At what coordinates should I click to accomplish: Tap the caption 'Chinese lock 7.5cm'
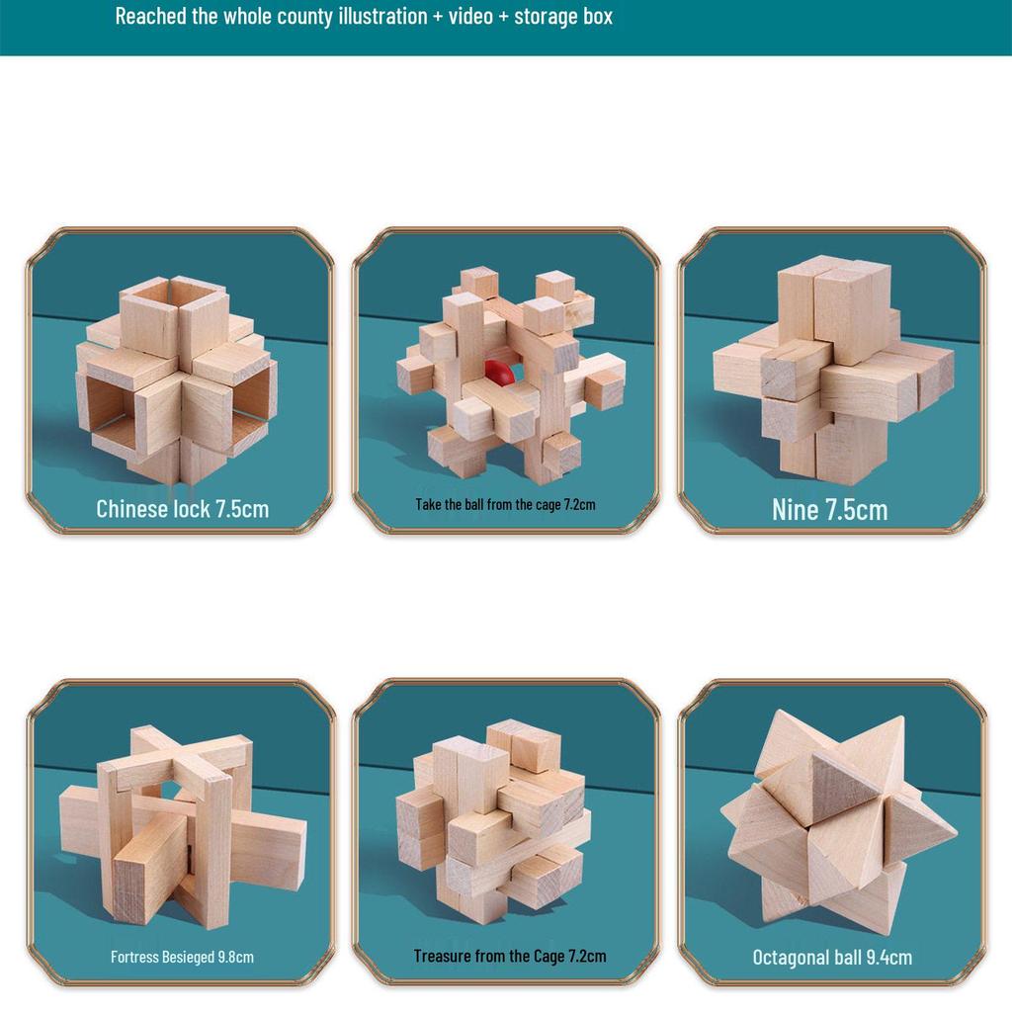point(182,509)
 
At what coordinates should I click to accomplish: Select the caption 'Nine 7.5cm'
point(829,509)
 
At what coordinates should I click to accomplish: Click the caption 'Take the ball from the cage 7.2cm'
point(505,504)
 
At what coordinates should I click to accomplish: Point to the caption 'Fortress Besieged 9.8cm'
point(182,957)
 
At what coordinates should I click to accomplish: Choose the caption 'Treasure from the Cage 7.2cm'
point(510,956)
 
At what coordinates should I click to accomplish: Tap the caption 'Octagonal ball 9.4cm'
point(832,957)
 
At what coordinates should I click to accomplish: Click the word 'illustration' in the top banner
point(379,17)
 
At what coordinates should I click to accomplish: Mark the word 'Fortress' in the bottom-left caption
point(134,957)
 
